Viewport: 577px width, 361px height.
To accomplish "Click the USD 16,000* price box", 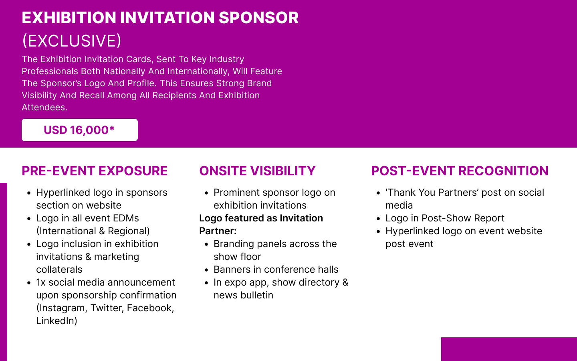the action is click(x=80, y=130).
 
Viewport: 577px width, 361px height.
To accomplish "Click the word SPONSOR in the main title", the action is click(x=258, y=18).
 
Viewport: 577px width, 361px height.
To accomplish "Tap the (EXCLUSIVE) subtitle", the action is click(x=72, y=41).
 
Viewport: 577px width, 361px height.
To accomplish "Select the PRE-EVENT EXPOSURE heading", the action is click(x=95, y=171).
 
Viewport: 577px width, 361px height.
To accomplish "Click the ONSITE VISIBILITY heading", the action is click(x=257, y=171).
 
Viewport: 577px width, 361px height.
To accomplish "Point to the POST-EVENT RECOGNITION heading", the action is click(x=460, y=171).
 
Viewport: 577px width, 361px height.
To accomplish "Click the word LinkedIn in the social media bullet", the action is click(x=56, y=321).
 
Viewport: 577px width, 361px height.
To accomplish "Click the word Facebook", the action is click(x=150, y=308).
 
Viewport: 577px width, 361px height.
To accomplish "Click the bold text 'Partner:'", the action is click(x=218, y=231).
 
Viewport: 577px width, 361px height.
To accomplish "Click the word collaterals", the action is click(x=59, y=270).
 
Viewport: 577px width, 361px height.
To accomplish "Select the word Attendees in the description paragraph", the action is click(x=44, y=107).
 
